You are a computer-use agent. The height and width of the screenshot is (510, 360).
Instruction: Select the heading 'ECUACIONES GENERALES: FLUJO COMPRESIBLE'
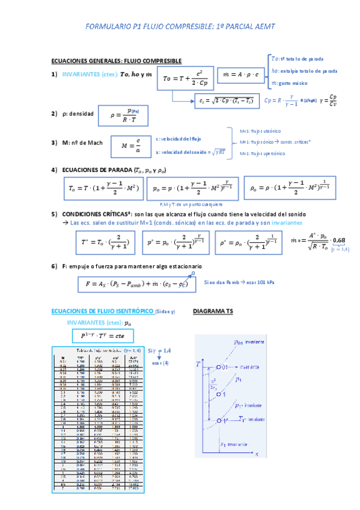point(117,61)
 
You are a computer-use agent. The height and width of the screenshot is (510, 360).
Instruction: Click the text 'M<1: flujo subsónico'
point(260,131)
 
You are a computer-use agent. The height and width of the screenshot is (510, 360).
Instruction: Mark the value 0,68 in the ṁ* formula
point(339,241)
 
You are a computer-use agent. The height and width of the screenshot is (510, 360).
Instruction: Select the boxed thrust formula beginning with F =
point(137,283)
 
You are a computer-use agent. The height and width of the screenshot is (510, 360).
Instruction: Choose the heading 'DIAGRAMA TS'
point(213,312)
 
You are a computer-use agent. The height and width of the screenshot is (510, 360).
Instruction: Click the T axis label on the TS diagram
point(198,364)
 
